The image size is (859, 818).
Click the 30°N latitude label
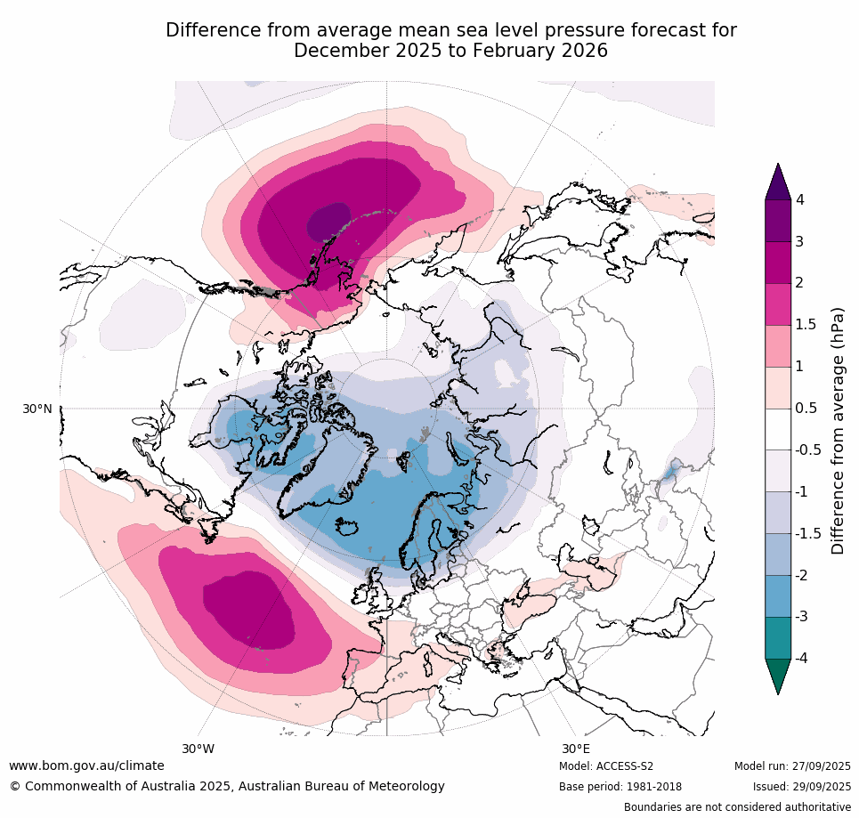(x=36, y=409)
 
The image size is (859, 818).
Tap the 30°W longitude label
(x=198, y=749)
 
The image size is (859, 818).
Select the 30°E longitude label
(x=575, y=749)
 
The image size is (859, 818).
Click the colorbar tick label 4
(x=799, y=199)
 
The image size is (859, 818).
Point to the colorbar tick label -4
(x=802, y=659)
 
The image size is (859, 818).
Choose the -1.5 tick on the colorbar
(x=806, y=533)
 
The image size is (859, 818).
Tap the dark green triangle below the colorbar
(x=778, y=676)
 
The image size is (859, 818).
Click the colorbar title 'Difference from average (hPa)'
(x=838, y=431)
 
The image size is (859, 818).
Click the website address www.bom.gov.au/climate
(x=86, y=765)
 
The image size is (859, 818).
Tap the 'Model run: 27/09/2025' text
(x=791, y=766)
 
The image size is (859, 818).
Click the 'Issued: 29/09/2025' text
(x=801, y=787)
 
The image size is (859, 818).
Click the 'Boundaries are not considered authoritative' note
(x=737, y=807)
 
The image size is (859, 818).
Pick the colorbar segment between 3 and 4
(x=778, y=221)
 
